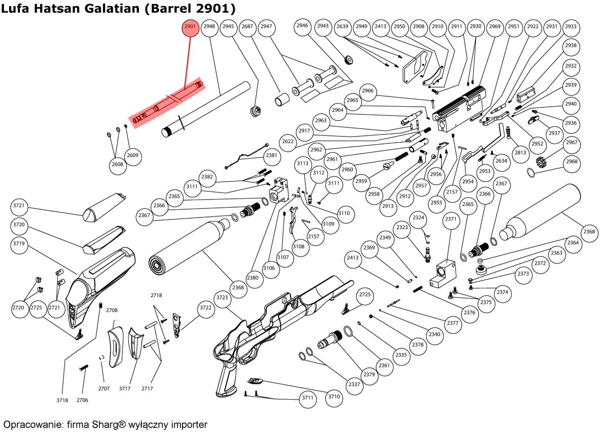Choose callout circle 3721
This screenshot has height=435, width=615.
point(19,206)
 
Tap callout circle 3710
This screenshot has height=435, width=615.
point(334,397)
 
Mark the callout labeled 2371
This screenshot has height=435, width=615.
point(450,219)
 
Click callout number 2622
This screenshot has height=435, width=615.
point(288,142)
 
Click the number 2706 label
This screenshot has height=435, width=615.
point(83,400)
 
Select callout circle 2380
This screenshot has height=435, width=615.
point(253,278)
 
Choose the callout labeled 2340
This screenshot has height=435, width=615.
point(435,334)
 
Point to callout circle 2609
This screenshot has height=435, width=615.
point(133,155)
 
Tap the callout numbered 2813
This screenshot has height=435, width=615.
point(520,153)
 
